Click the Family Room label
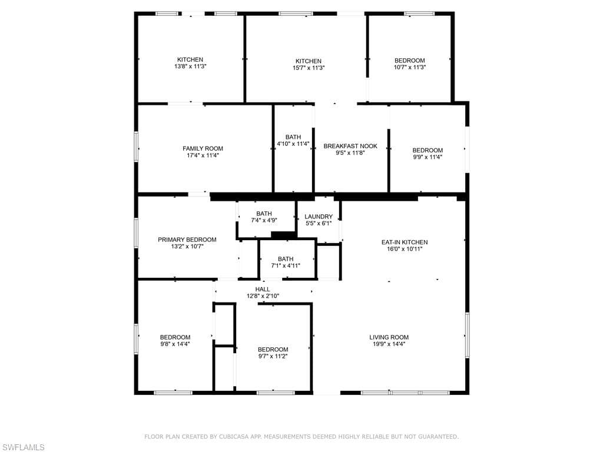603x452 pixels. [203, 148]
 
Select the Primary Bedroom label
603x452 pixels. [187, 240]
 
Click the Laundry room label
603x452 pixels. [319, 217]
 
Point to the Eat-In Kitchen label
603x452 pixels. [405, 242]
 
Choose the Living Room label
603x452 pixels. [389, 337]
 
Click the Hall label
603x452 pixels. [263, 289]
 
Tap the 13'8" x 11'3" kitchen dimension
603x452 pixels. [190, 67]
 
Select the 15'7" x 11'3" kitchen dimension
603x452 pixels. [309, 68]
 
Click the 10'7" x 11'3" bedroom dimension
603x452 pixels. [409, 68]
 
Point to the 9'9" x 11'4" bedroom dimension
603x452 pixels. [428, 157]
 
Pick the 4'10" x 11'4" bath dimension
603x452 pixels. [293, 144]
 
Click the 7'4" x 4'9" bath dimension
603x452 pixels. [264, 220]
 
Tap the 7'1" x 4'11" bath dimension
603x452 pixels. [286, 265]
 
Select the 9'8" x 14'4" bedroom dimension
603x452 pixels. [175, 344]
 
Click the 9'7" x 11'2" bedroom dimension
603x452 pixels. [273, 356]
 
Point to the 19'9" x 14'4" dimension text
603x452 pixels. [389, 344]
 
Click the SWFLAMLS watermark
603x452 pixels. [23, 447]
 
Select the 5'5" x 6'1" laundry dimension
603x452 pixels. [319, 223]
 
